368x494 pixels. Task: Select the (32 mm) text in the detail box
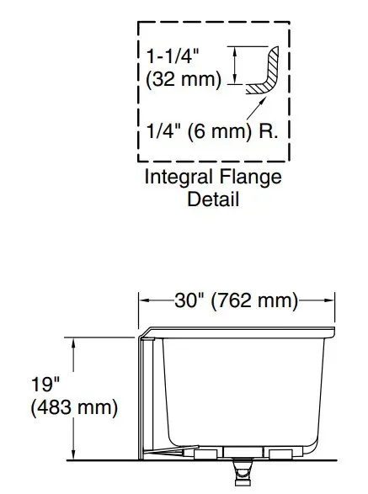tap(183, 80)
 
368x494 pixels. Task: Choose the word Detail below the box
tap(213, 199)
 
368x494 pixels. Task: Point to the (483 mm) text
tap(73, 409)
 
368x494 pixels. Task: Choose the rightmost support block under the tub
tap(281, 454)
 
